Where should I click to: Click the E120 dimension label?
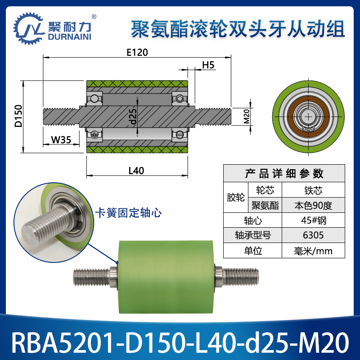click(137, 52)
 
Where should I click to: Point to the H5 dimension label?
click(207, 65)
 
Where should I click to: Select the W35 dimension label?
click(60, 139)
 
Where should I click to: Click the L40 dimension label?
click(136, 171)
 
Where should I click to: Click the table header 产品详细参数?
click(284, 173)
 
